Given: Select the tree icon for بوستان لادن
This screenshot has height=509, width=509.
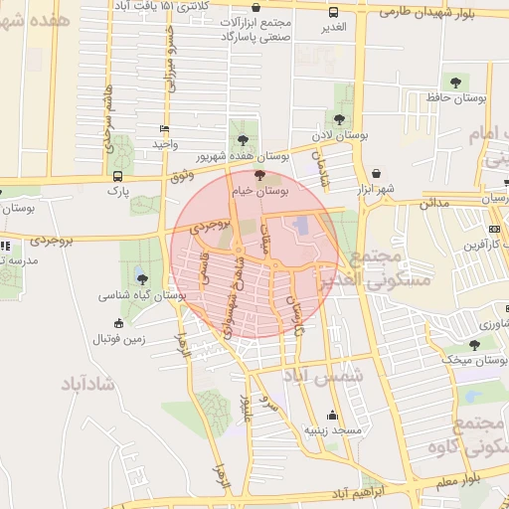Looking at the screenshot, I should point(338,119).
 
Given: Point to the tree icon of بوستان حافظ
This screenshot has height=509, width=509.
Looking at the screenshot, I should point(455,82).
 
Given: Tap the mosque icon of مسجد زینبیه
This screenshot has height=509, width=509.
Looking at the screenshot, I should point(331,416).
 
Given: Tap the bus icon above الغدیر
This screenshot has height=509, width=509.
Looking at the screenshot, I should point(332,13).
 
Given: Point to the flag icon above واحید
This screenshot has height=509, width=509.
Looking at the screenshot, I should point(164,129).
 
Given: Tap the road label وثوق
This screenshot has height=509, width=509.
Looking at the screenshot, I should point(180,176).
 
